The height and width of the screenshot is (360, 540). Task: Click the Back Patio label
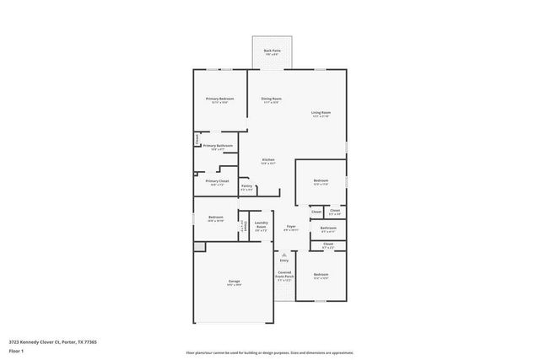tap(272, 51)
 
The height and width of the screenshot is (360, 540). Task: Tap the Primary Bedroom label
tap(219, 99)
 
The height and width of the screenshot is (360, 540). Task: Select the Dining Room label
tap(271, 99)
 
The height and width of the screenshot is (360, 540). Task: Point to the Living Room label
tap(321, 113)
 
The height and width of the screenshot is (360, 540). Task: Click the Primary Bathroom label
tap(218, 146)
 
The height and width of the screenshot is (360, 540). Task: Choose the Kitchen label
tap(268, 160)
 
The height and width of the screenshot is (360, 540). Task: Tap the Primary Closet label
tap(217, 181)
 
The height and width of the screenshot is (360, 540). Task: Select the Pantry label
tap(246, 186)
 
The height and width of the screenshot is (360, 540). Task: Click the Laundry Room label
tap(262, 226)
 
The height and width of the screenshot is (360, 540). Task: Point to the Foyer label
tap(290, 227)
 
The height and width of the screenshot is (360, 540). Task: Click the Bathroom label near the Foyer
tap(328, 228)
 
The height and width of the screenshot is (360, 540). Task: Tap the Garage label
tap(234, 281)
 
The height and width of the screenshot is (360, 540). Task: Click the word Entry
tap(284, 260)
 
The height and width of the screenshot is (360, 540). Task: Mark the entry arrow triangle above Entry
tap(284, 254)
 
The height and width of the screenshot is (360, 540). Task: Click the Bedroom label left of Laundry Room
tap(215, 218)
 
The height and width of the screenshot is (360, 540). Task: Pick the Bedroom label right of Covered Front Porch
tap(321, 276)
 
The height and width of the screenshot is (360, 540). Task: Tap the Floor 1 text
tap(16, 351)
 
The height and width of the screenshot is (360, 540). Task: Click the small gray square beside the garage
tap(199, 246)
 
